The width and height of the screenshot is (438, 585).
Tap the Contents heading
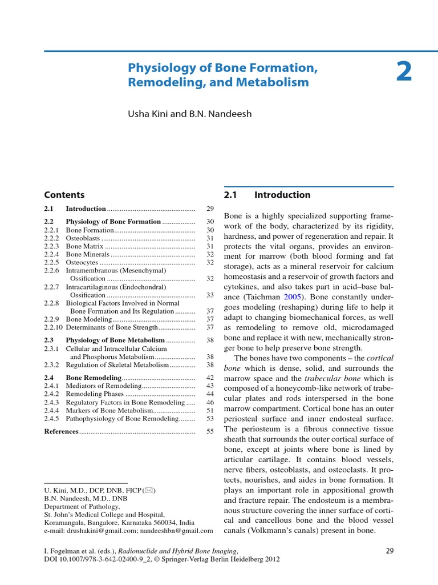click(x=64, y=195)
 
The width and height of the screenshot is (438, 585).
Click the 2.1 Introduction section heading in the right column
click(x=267, y=195)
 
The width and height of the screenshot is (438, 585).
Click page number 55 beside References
click(x=210, y=431)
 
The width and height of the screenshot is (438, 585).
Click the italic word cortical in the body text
click(x=380, y=358)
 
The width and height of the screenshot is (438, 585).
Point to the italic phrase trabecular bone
click(x=330, y=379)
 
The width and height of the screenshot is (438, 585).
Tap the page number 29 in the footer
click(x=390, y=551)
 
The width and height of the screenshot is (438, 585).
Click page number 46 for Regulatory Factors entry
click(x=210, y=402)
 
